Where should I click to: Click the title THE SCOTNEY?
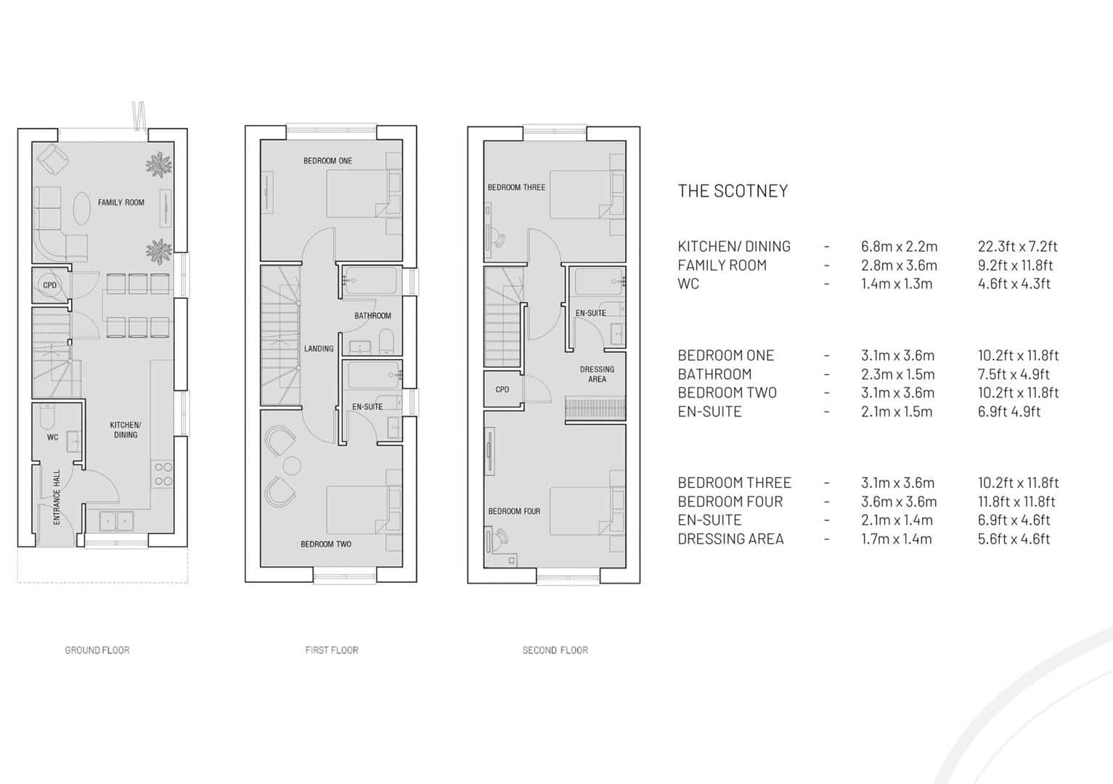pos(733,191)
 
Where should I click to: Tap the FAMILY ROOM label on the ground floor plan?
pos(121,203)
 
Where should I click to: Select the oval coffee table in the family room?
pos(82,208)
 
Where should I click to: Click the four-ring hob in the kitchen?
pos(163,474)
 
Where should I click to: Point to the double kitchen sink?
pos(116,521)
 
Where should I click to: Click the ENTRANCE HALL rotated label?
pos(57,497)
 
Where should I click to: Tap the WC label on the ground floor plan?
pos(53,437)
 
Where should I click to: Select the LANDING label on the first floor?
pos(319,348)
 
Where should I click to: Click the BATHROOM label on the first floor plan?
pos(372,316)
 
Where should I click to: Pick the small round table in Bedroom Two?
pos(292,466)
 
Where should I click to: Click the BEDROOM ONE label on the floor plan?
pos(328,161)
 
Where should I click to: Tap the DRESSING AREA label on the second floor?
pos(598,374)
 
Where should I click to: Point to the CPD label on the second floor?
pos(502,390)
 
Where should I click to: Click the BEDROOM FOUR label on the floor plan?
pos(514,511)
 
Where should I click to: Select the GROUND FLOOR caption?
pos(97,650)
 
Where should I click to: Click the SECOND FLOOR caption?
pos(555,650)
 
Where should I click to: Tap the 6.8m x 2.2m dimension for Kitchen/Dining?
pos(900,246)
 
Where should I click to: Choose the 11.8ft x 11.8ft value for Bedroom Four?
pos(1016,502)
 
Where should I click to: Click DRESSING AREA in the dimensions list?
pos(731,539)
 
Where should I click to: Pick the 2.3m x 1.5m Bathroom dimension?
pos(898,374)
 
